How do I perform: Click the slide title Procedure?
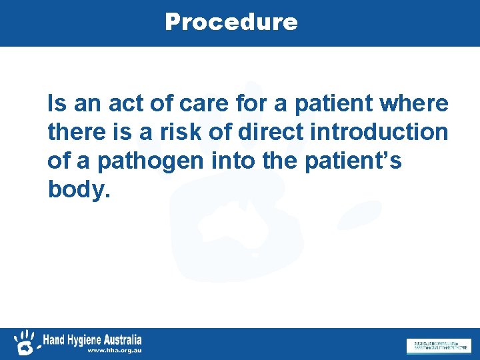click(x=231, y=22)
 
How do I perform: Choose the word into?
click(x=229, y=161)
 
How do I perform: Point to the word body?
click(x=77, y=190)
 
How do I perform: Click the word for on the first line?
click(x=239, y=104)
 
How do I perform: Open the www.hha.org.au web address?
click(x=113, y=350)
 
